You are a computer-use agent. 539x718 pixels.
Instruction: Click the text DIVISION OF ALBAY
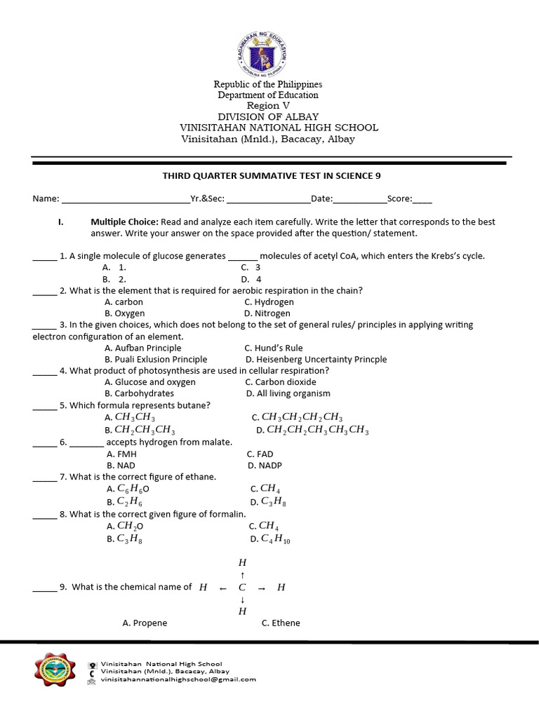pos(268,116)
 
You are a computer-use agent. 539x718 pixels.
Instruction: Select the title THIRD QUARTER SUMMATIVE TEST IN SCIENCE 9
pos(271,176)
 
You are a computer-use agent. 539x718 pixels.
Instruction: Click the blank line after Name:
pos(126,199)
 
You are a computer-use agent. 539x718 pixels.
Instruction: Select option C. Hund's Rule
pos(273,348)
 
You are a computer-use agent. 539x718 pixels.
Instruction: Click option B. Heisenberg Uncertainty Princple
pos(315,359)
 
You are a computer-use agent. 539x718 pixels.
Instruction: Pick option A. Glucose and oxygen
pos(149,382)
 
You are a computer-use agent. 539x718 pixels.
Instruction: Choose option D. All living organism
pos(288,393)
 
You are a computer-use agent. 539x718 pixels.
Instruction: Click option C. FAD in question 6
pos(260,454)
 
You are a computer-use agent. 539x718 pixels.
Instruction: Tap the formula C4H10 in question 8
pos(275,539)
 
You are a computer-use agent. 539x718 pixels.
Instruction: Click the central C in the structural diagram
pos(242,588)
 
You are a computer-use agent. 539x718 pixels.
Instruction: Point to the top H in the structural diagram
pos(243,562)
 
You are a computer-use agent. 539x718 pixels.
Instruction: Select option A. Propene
pos(145,623)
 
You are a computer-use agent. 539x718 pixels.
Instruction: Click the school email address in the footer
pos(178,679)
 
